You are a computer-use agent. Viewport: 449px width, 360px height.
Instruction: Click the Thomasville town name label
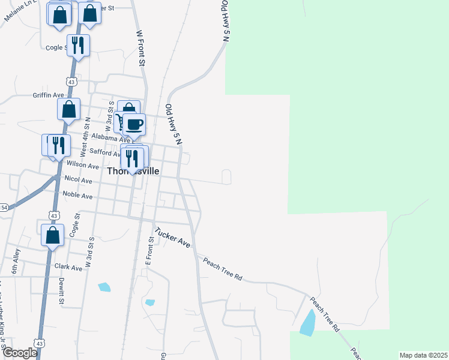coord(133,171)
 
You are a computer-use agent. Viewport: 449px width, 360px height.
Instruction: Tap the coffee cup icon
coord(134,124)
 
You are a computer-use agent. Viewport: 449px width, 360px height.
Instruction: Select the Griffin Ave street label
coord(48,95)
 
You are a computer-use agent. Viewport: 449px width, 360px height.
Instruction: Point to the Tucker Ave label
coord(172,238)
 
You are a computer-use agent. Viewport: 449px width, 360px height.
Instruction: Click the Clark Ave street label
coord(68,268)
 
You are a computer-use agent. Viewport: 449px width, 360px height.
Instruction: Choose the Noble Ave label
coord(77,196)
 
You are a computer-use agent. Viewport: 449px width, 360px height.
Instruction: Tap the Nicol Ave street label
coord(78,179)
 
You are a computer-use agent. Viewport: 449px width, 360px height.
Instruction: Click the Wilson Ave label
coord(83,164)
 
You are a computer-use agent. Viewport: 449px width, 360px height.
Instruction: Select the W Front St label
coord(141,48)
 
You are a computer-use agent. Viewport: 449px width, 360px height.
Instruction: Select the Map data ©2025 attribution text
coord(423,355)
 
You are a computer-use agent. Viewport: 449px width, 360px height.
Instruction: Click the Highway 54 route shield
coord(4,207)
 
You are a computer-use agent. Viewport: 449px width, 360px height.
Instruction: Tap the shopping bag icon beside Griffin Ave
coord(69,110)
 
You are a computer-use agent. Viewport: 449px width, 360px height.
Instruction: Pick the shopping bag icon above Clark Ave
coord(53,235)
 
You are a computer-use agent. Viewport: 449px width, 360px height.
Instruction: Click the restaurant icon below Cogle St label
coord(78,46)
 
